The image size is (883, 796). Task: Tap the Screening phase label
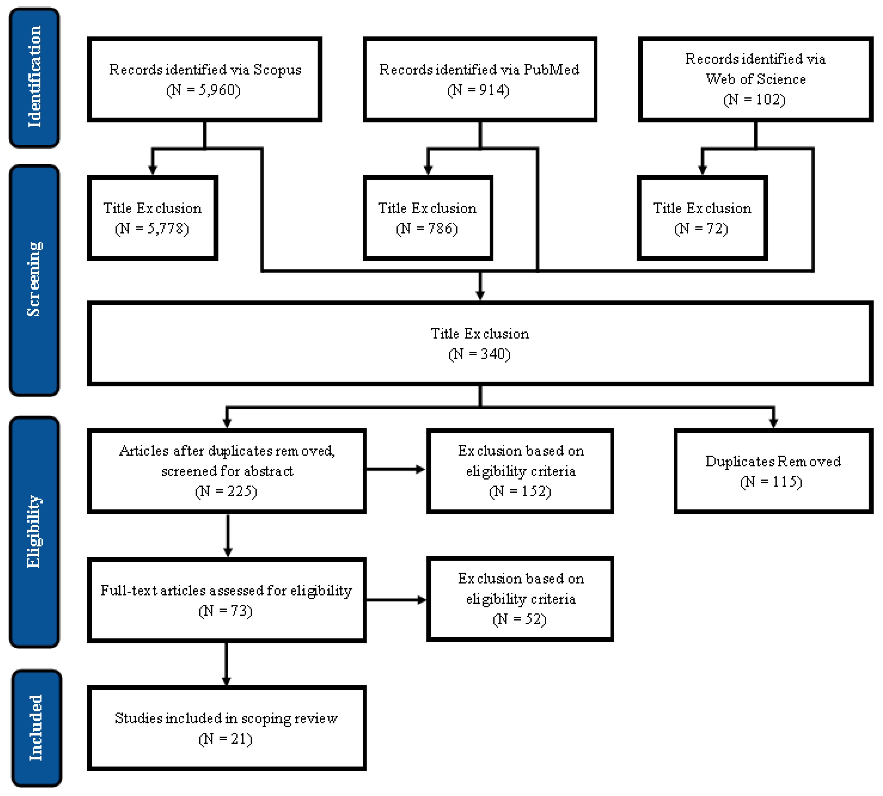(34, 280)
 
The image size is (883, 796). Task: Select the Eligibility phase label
(34, 532)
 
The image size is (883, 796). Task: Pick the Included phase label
(36, 728)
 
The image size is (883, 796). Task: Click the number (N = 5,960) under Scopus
(203, 90)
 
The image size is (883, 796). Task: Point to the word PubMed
(551, 70)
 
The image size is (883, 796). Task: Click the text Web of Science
(755, 79)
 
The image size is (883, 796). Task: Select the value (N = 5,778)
(152, 229)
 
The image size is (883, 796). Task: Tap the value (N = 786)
(427, 229)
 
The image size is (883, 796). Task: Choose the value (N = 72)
(701, 229)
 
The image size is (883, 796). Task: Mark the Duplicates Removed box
(773, 471)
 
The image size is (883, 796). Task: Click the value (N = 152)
(520, 492)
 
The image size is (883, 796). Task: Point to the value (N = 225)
(226, 492)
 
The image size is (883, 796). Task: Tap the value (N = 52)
(519, 619)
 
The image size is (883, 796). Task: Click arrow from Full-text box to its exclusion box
(396, 600)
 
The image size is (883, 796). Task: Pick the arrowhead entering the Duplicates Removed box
(773, 422)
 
